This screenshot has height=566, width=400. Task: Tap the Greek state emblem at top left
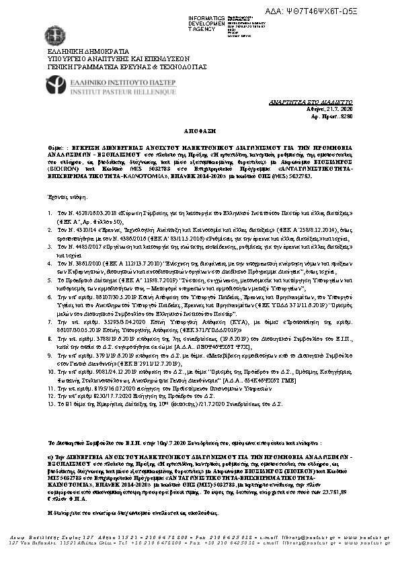coord(55,35)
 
